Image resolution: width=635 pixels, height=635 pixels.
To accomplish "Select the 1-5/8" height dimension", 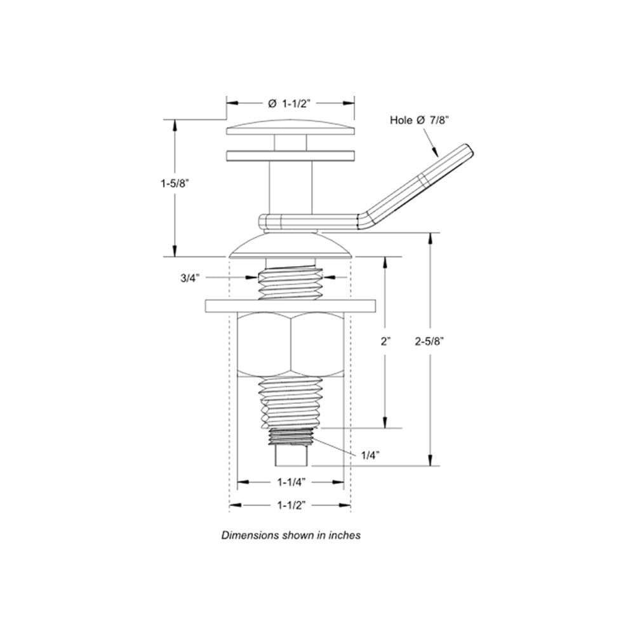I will [175, 184].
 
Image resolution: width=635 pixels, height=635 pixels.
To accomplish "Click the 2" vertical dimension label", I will [385, 341].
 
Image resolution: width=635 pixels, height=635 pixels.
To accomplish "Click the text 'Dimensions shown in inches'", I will [291, 535].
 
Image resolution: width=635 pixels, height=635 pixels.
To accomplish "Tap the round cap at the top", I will [290, 127].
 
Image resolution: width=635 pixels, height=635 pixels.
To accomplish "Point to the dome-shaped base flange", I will [290, 246].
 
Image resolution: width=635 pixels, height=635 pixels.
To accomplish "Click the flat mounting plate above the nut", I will [290, 305].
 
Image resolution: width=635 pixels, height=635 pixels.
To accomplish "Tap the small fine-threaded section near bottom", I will [290, 436].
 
